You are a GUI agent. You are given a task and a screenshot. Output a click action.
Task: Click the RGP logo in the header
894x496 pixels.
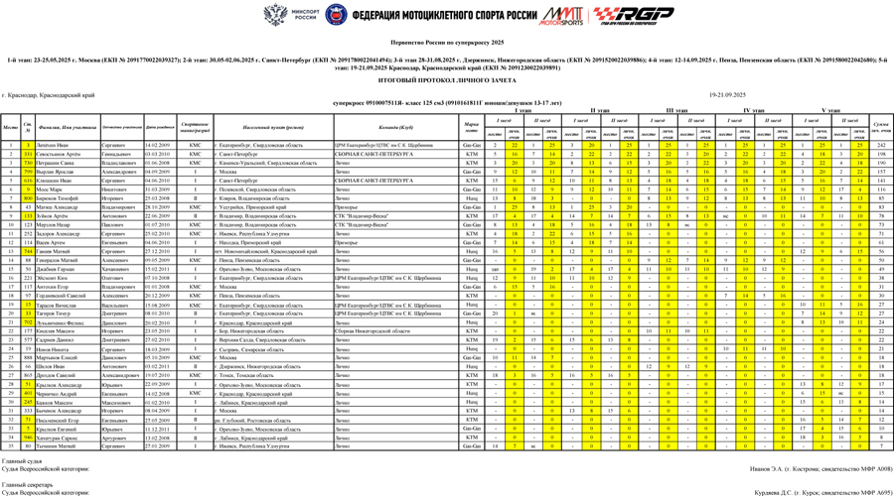tap(618, 16)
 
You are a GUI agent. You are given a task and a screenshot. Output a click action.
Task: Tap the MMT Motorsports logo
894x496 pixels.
tap(560, 16)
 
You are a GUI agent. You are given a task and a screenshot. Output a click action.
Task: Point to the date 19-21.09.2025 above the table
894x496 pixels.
tap(727, 94)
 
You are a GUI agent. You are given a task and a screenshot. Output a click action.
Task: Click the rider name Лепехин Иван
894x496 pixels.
tap(54, 145)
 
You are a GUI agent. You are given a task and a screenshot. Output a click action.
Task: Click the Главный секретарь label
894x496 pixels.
tap(23, 484)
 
